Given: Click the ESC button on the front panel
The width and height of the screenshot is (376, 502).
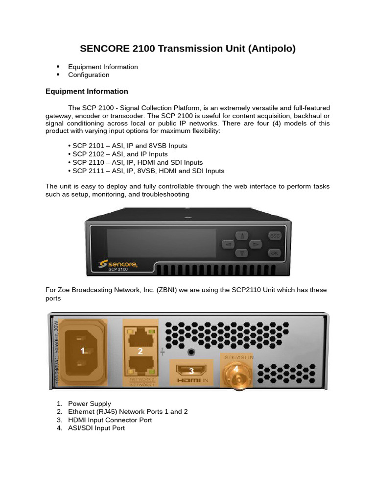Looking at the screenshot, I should [275, 236].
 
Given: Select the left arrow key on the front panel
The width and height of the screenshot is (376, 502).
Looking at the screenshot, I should [228, 244].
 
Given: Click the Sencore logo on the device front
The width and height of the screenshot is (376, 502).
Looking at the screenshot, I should [118, 264].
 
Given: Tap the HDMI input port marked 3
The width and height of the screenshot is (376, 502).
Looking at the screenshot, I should [191, 371].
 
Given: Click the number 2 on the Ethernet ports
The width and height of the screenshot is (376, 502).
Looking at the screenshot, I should [140, 351].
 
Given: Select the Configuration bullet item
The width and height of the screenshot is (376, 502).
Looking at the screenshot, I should [89, 75].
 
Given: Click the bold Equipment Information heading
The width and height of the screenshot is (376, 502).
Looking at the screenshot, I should [87, 91].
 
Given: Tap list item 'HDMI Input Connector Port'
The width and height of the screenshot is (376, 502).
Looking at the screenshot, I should [110, 420].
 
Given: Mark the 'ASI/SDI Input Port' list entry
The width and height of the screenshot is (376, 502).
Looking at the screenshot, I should [96, 428].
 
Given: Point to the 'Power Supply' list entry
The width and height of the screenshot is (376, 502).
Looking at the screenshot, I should [90, 404].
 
